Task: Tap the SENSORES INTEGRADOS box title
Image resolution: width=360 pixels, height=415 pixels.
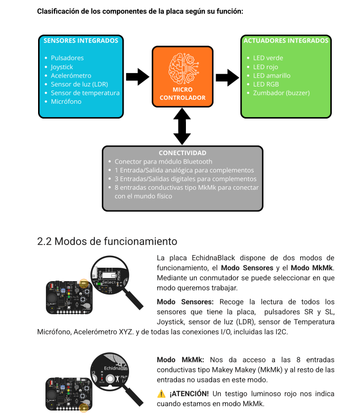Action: tap(81, 41)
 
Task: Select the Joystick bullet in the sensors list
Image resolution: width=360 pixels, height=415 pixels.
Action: tap(62, 67)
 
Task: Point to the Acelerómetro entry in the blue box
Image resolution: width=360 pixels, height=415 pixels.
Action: tap(71, 76)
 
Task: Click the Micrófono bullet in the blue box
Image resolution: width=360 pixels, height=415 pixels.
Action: tap(66, 101)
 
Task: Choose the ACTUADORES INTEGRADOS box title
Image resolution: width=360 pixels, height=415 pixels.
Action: tap(286, 41)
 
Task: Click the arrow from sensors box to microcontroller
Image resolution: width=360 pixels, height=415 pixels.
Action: tap(137, 77)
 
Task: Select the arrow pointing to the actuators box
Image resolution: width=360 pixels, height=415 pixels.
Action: tap(227, 77)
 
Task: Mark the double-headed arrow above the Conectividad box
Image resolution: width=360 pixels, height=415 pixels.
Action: tap(182, 126)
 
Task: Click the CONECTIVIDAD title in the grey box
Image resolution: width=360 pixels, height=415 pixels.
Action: tap(182, 153)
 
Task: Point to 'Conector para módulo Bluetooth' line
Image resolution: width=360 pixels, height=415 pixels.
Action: tap(163, 162)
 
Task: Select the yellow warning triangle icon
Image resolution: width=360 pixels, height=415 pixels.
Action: tap(161, 394)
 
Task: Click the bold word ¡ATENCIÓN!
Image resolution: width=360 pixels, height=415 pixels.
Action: tap(189, 394)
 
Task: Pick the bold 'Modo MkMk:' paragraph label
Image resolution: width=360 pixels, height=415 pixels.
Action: tap(180, 360)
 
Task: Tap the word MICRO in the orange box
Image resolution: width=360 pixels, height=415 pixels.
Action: tap(182, 90)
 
